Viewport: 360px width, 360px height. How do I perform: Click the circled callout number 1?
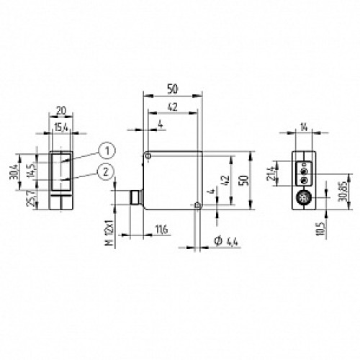pos(107,150)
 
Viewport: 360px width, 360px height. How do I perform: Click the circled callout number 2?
pos(107,171)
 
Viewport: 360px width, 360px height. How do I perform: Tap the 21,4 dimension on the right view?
pos(270,174)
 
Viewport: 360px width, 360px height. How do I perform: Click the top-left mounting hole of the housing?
pos(147,155)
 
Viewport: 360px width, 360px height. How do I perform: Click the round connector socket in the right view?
pos(302,197)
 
